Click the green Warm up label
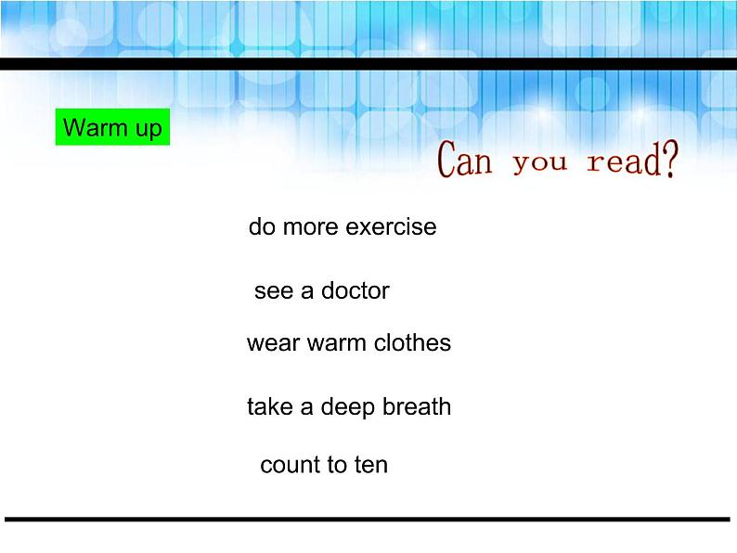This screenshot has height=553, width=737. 112,127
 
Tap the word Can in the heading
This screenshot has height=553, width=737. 465,161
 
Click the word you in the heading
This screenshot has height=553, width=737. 539,163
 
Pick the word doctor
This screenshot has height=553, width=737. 356,291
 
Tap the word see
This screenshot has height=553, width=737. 273,291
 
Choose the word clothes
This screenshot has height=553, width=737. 413,343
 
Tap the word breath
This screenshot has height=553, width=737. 416,407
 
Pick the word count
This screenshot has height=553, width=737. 288,465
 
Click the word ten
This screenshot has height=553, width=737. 370,465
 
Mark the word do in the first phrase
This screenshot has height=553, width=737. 262,227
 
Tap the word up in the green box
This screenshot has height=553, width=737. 148,128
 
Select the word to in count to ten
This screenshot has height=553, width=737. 334,465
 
